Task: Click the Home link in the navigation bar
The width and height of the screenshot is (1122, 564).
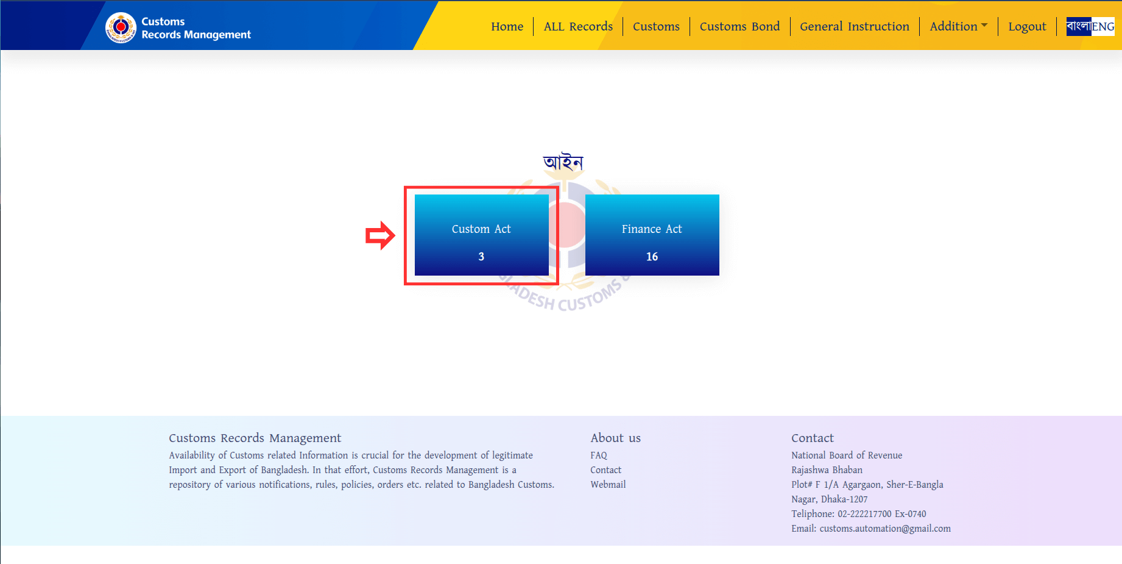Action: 507,26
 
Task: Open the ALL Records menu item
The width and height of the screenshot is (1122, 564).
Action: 578,26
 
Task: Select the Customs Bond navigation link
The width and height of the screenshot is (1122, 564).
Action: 739,26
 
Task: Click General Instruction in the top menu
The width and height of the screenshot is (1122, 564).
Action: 855,26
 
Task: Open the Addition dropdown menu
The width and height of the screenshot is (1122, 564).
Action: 958,26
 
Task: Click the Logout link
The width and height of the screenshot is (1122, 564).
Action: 1027,27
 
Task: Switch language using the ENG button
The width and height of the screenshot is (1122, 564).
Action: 1103,26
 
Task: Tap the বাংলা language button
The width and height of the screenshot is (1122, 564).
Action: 1079,26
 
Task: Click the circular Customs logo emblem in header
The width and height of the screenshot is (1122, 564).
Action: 121,27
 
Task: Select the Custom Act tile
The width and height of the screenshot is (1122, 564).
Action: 481,235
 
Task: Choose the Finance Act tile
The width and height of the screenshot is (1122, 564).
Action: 652,235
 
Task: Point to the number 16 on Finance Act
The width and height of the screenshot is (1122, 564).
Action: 652,257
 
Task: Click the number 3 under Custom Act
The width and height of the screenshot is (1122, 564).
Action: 481,257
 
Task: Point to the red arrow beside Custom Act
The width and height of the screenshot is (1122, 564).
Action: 380,235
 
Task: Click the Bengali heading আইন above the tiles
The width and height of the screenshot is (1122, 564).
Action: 563,162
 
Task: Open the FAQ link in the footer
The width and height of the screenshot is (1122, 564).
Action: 599,455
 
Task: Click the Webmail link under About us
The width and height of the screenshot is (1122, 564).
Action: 608,485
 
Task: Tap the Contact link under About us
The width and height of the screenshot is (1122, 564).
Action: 605,470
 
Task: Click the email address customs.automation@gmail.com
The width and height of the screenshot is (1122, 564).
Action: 885,529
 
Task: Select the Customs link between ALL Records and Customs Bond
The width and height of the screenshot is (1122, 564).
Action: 656,26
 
